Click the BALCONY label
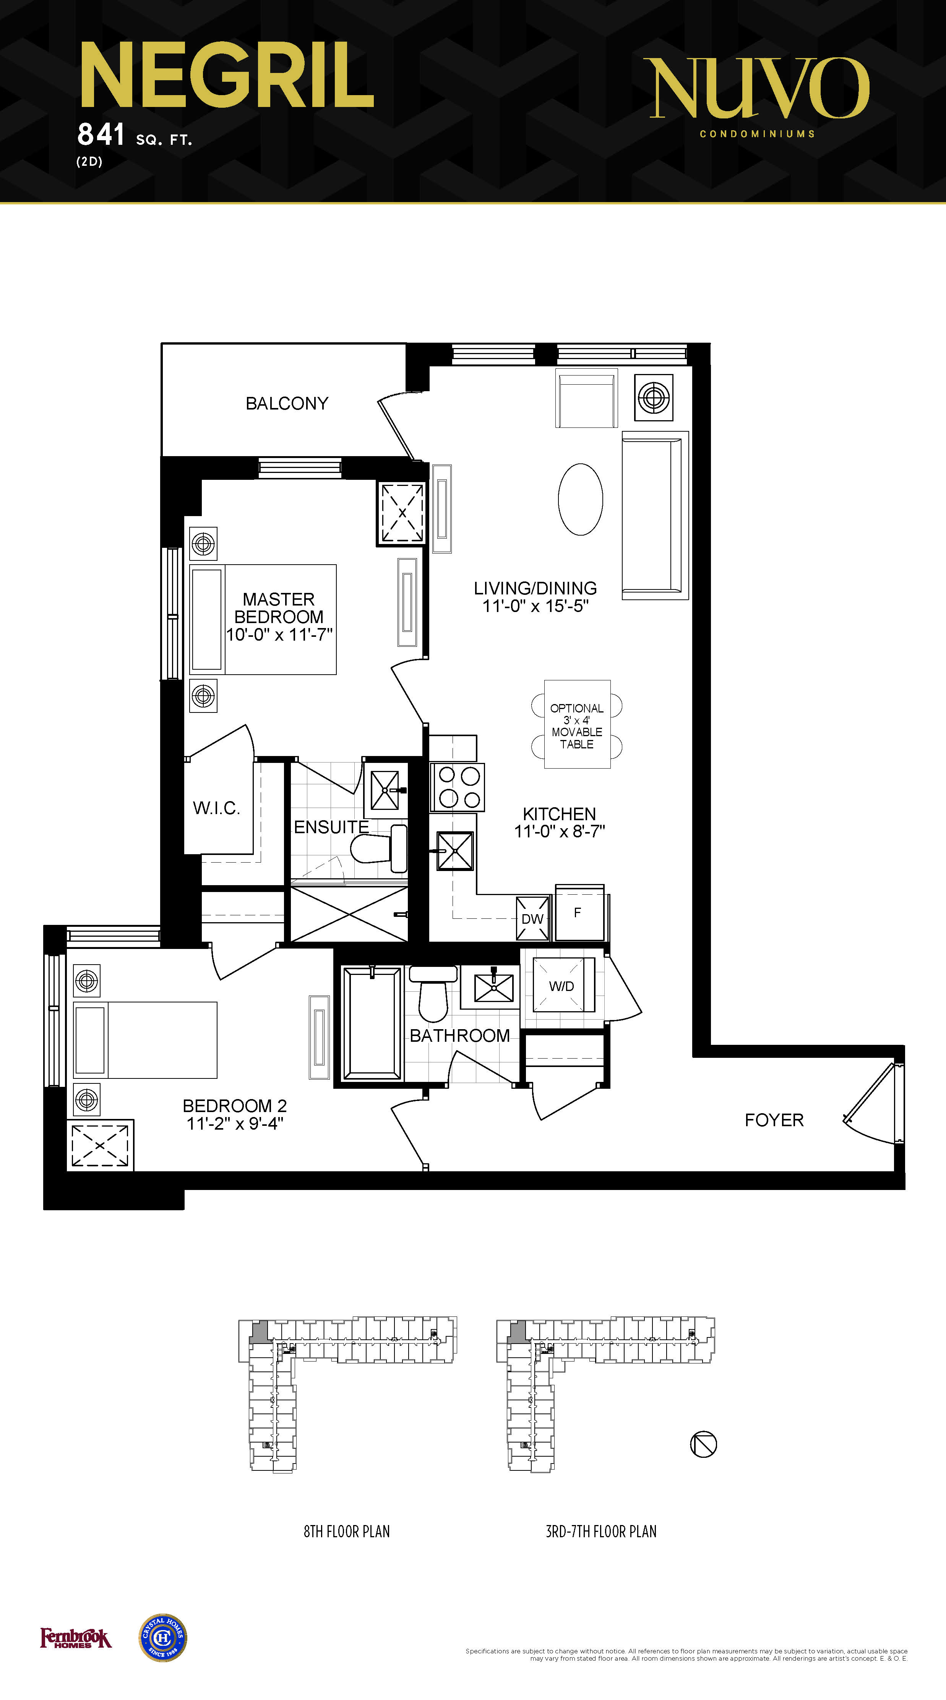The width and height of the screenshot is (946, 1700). click(x=287, y=403)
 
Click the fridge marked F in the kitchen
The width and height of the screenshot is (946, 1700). click(x=579, y=913)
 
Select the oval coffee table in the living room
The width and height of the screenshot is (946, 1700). click(x=580, y=499)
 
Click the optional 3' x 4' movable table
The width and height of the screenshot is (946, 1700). click(x=577, y=725)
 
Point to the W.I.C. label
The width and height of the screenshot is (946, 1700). click(x=217, y=808)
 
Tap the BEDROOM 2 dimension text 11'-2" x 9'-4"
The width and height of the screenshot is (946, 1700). click(x=235, y=1123)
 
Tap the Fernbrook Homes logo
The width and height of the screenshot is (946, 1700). click(x=76, y=1638)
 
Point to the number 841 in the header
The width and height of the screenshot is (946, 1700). click(x=101, y=134)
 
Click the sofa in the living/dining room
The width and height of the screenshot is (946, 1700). click(x=655, y=515)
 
